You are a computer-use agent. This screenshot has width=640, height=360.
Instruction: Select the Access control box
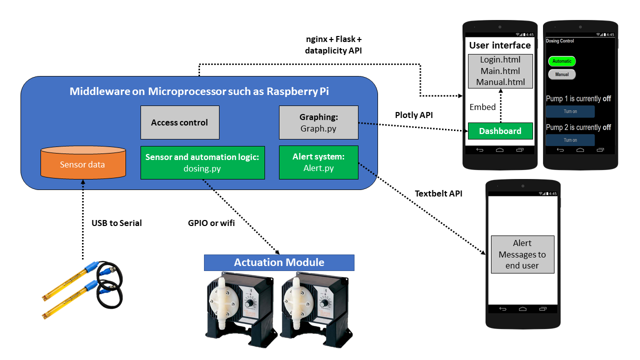coord(179,122)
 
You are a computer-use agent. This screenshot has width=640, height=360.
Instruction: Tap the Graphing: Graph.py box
coord(318,122)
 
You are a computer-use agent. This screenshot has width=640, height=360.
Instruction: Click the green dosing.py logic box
coord(201,162)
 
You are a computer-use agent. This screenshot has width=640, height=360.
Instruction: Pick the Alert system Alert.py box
coord(318,162)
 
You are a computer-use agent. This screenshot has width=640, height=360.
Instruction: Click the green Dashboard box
coord(500,131)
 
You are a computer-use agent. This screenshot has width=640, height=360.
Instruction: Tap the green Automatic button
coord(562,61)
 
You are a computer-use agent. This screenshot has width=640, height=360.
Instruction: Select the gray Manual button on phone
coord(562,74)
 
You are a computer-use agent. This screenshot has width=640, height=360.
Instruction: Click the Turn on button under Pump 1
coord(570,111)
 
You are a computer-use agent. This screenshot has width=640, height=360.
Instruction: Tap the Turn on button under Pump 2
coord(570,140)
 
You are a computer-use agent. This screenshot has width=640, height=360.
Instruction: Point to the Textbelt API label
coord(438,193)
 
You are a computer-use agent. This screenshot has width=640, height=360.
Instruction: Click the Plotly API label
coord(413,115)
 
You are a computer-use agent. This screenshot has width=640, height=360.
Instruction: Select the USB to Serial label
coord(116,223)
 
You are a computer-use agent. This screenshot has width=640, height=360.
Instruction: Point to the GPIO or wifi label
coord(207,223)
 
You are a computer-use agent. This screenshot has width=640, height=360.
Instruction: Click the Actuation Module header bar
coord(279,262)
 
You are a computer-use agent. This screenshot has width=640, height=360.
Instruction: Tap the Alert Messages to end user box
coord(522,254)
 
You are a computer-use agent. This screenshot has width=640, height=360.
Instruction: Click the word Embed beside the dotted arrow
coord(482,107)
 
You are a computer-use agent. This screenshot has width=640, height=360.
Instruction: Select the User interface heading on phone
coord(500,45)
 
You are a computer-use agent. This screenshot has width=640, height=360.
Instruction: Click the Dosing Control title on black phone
coord(560,41)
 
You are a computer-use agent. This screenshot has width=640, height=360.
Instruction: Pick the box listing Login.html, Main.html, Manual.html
coord(500,71)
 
